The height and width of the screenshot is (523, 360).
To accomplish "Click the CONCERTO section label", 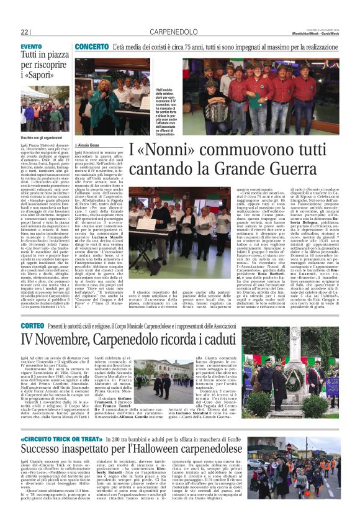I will pyautogui.click(x=92, y=47).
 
